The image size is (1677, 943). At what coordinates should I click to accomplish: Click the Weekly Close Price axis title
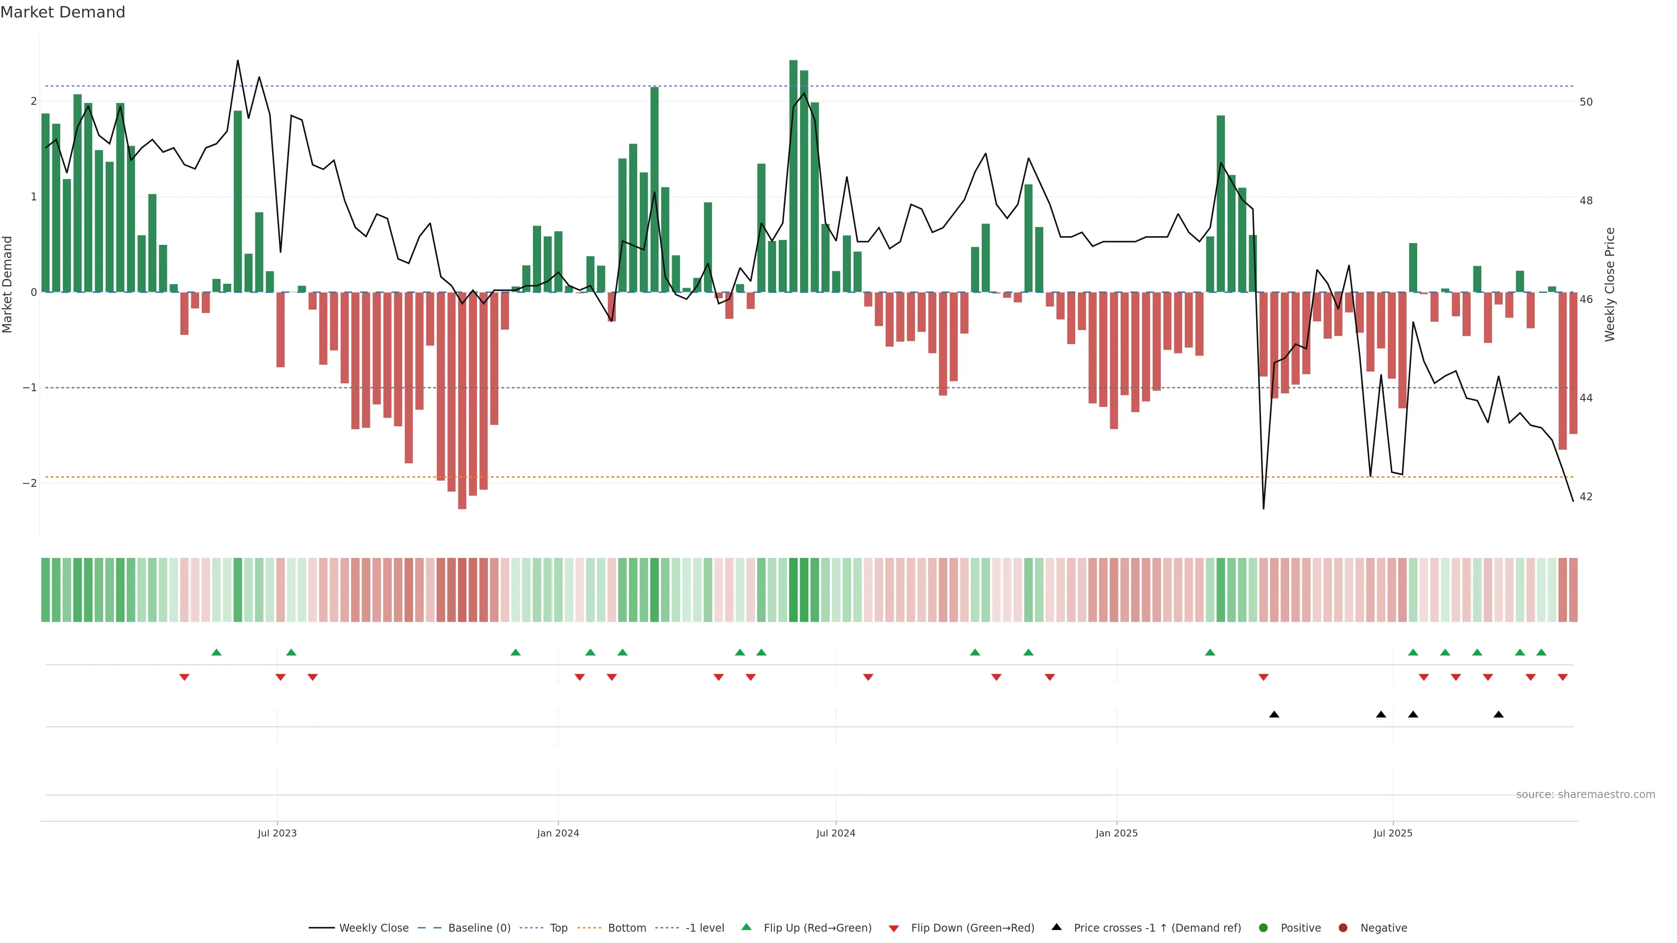[1610, 284]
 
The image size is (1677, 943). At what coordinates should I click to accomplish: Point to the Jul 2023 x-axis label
[277, 833]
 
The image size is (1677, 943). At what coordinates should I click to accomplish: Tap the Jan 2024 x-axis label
[558, 833]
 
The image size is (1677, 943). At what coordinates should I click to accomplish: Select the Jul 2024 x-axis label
[836, 833]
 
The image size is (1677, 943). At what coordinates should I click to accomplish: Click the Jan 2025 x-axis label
[1117, 833]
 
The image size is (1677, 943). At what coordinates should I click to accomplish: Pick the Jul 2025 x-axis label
[1393, 833]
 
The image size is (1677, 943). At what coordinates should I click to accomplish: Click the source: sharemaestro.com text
[1585, 795]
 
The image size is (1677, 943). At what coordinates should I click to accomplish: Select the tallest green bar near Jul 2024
[793, 176]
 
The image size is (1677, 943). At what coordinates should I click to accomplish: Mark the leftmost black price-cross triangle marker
[1274, 715]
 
